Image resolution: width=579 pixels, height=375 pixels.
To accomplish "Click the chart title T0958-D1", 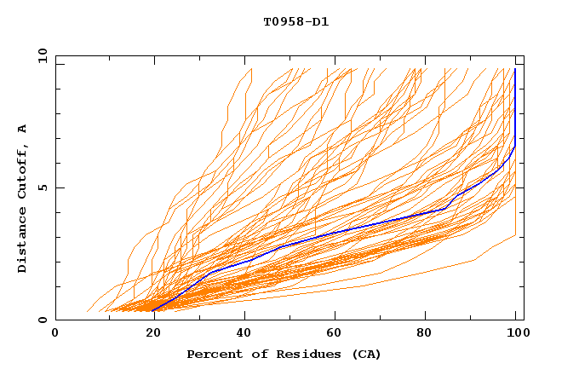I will [x=296, y=21].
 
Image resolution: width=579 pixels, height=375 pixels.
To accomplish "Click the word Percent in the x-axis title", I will [x=211, y=354].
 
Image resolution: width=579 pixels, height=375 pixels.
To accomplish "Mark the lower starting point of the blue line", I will [x=153, y=310].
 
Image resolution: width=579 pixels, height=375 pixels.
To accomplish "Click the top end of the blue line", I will [x=515, y=69].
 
